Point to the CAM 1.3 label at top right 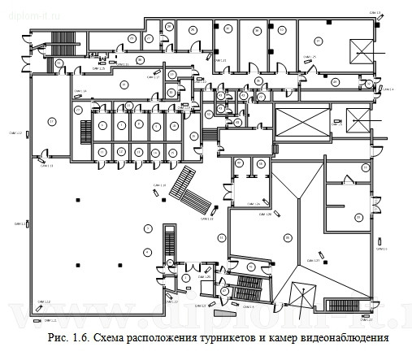374,13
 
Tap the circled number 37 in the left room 50,121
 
